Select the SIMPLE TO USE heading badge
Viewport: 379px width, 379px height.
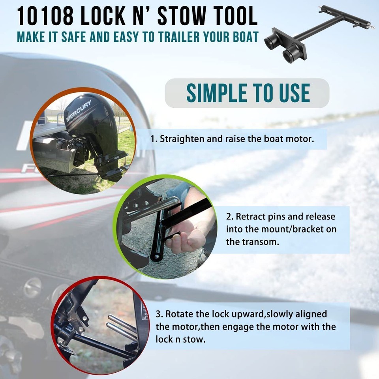click(247, 93)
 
